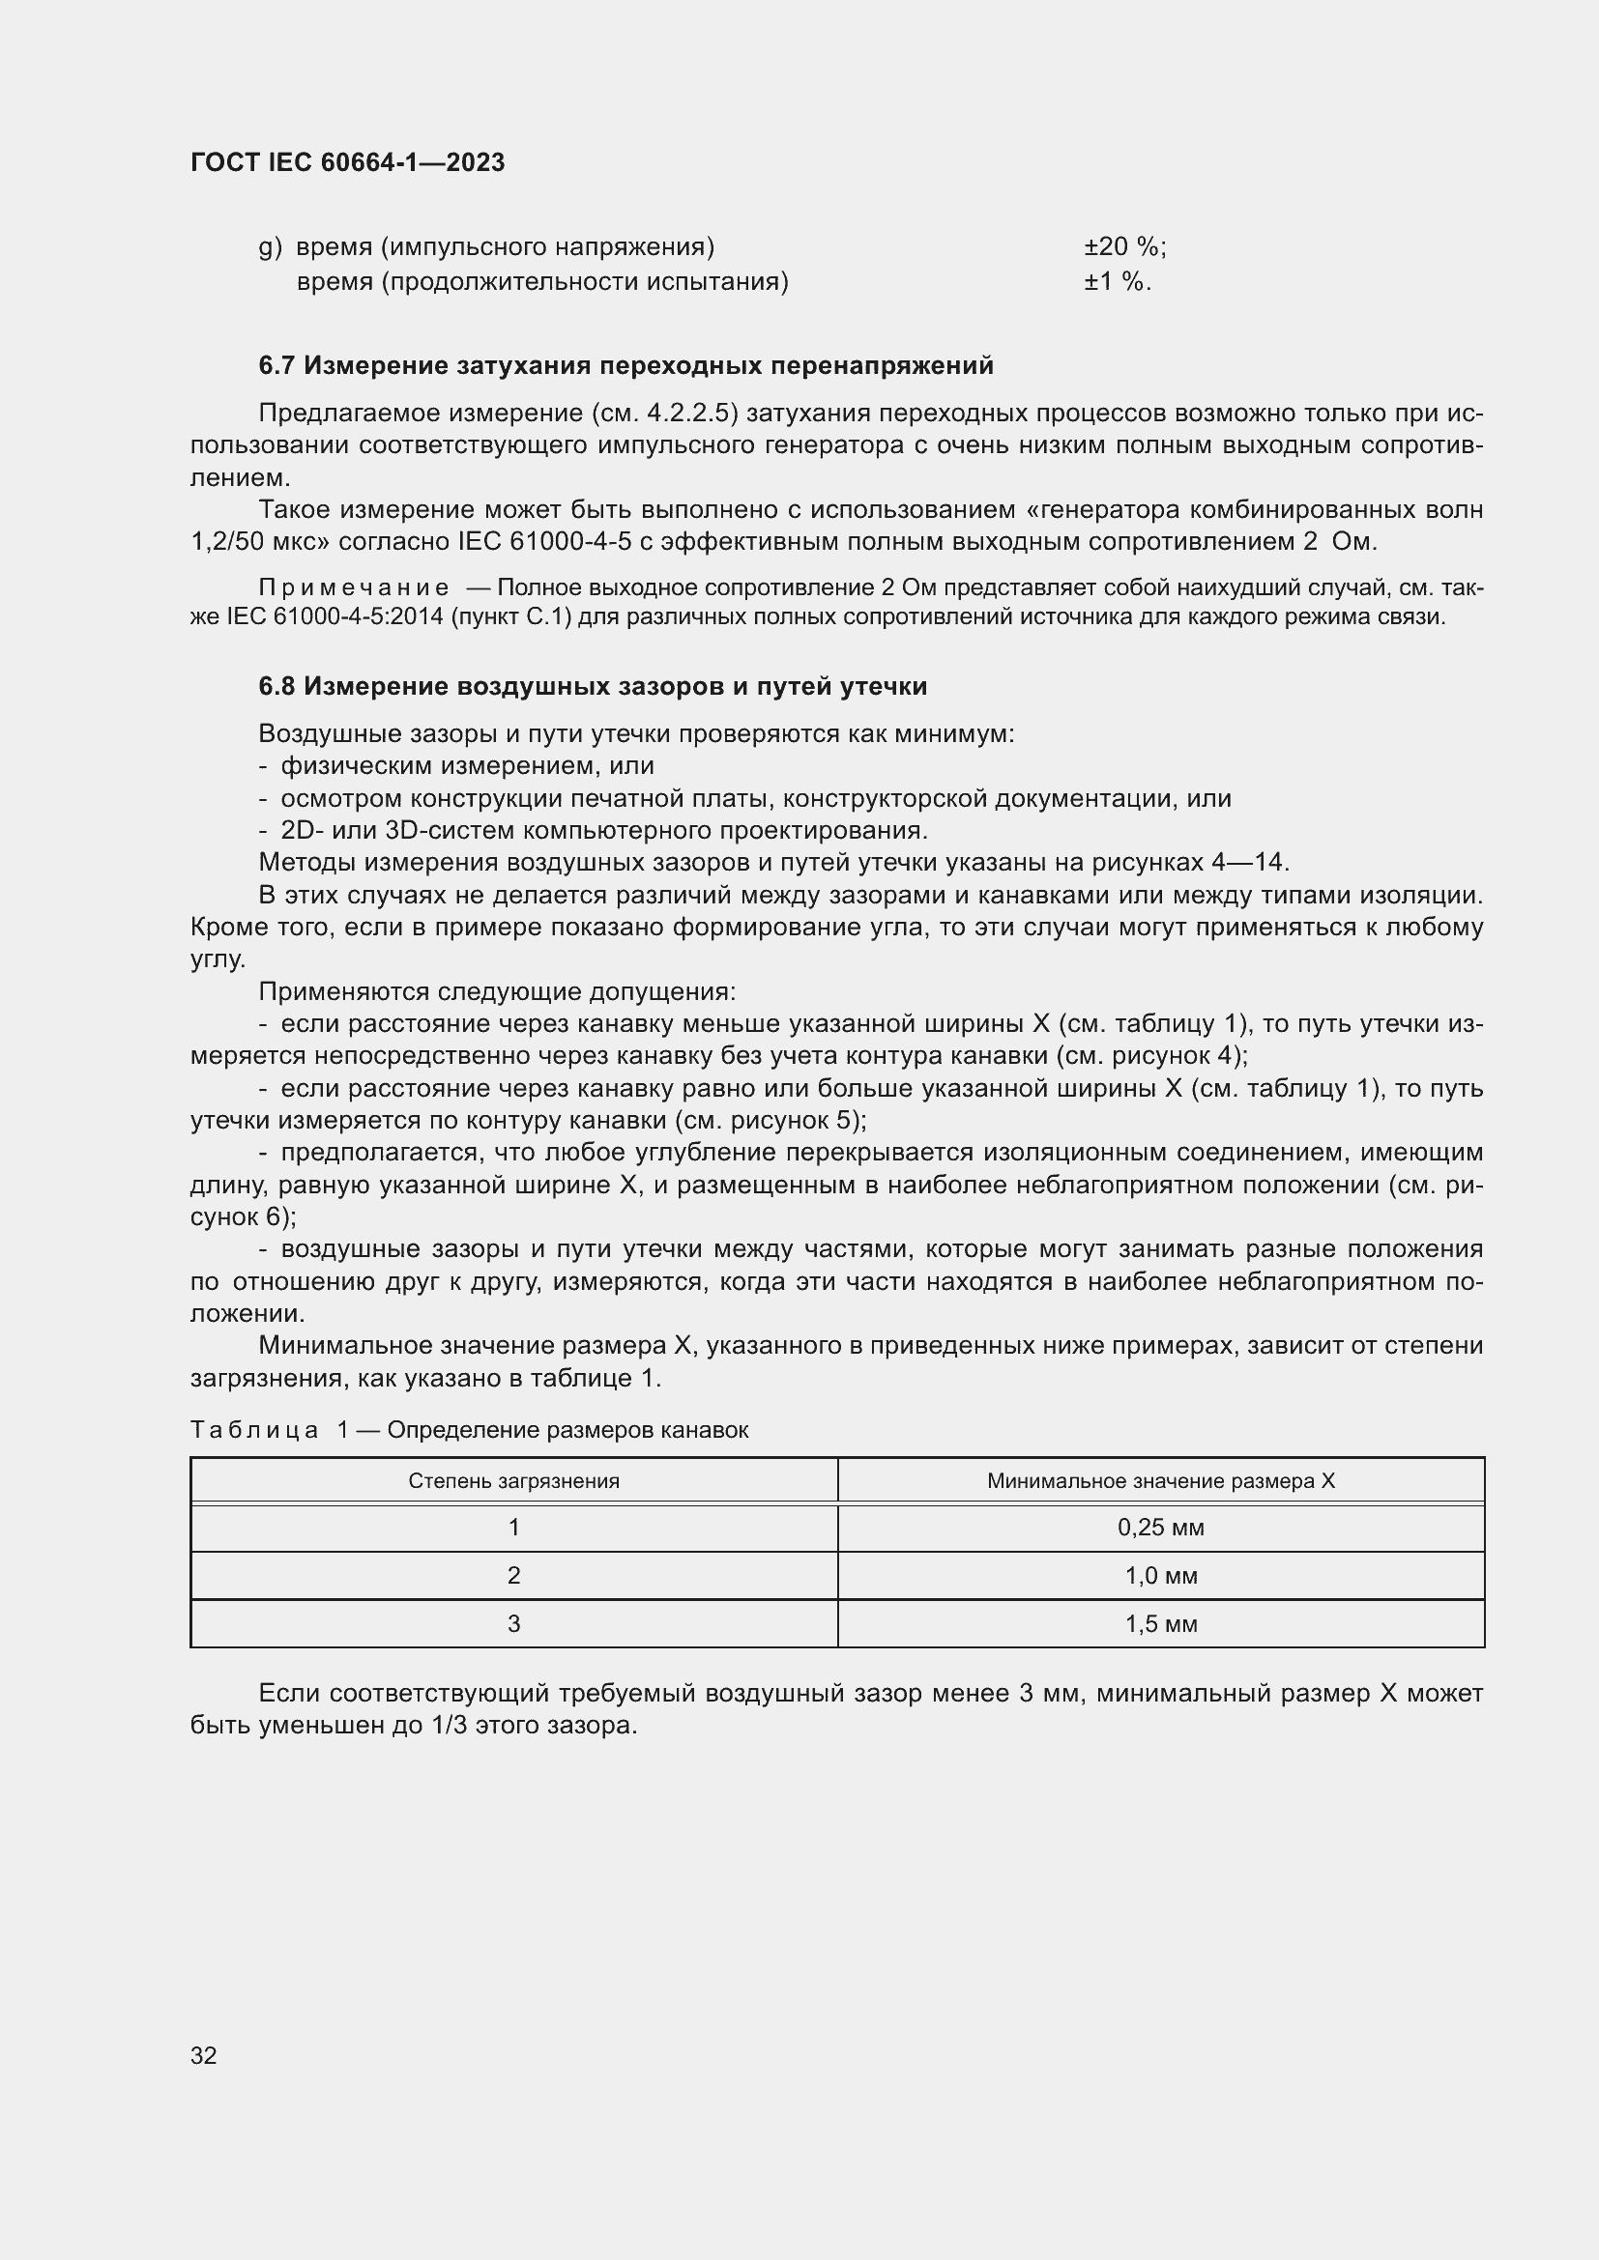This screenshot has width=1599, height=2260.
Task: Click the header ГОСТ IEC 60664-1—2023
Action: pos(347,162)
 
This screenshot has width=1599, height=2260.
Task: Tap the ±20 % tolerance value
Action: pos(1123,247)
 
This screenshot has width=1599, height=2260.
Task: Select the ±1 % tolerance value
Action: pos(1117,282)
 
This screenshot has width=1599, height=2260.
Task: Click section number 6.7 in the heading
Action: pos(276,366)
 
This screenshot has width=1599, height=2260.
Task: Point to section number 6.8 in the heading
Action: pos(276,686)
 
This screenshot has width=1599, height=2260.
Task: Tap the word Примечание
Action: pos(354,587)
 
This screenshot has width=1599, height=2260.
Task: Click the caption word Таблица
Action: pos(254,1429)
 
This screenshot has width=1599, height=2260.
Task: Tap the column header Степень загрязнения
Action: pos(513,1480)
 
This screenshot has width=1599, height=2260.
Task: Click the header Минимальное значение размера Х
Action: pos(1161,1480)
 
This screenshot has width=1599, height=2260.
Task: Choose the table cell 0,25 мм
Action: pos(1161,1528)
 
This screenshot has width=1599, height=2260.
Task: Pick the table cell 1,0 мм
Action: pos(1161,1576)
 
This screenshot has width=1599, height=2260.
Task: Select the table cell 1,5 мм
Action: pos(1161,1624)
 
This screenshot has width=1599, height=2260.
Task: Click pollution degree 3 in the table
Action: pos(513,1624)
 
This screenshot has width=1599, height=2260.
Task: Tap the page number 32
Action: pos(204,2055)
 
